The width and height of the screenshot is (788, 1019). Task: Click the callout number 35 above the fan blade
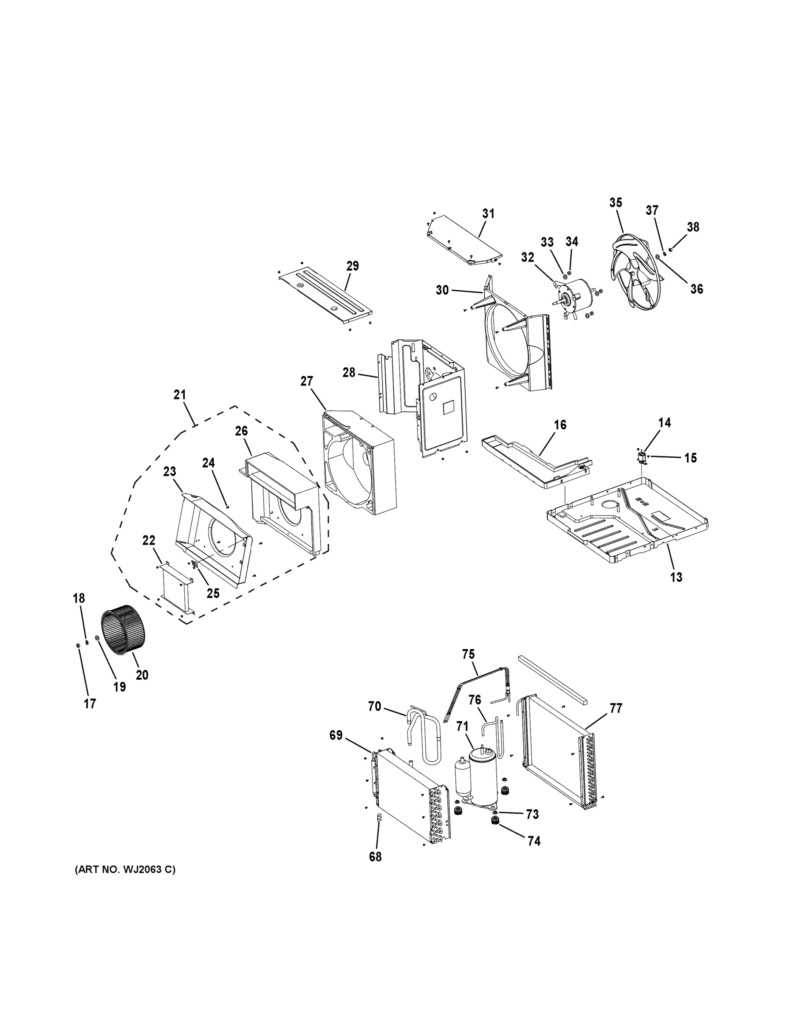pos(616,203)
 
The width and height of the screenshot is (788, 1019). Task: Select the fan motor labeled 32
pos(576,294)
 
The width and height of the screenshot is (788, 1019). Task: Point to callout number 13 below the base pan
pos(676,577)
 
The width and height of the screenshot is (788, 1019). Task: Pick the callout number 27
pos(306,381)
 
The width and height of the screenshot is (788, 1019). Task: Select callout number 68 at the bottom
pos(376,857)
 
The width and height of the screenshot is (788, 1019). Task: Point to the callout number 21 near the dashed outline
pos(180,395)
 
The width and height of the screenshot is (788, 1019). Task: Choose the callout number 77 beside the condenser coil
pos(616,708)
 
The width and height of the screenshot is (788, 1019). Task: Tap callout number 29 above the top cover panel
pos(353,266)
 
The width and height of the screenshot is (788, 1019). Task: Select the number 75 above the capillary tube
pos(468,655)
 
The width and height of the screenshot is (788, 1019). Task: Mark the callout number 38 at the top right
pos(693,227)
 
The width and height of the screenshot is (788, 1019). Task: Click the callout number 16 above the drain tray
pos(560,425)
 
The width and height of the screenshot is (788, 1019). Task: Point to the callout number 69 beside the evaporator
pos(336,735)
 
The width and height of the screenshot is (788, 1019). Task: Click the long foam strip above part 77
pos(553,679)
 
